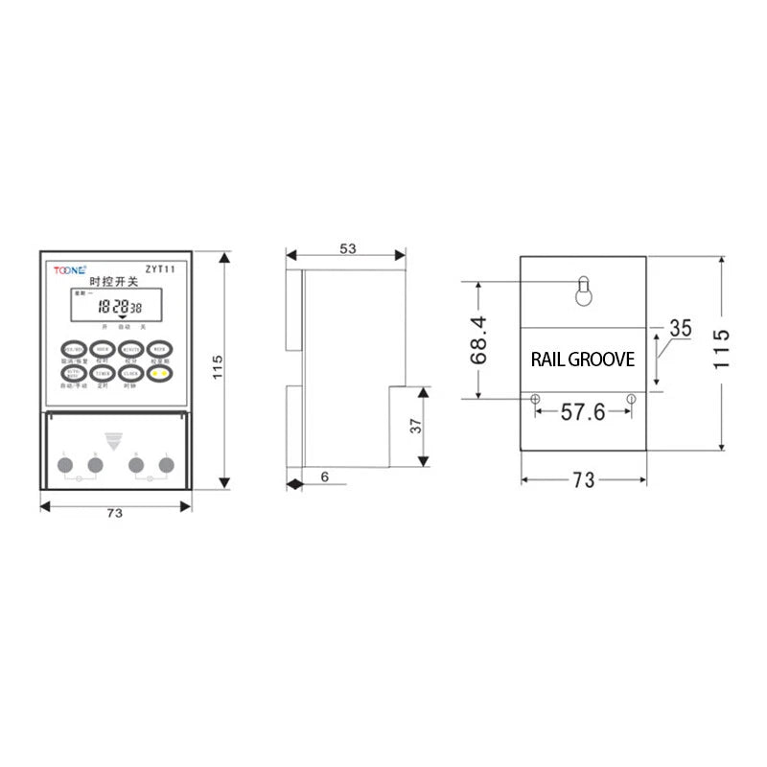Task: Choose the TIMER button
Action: point(103,373)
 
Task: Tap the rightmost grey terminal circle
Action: point(167,466)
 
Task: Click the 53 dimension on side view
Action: point(347,248)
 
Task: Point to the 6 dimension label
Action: point(325,476)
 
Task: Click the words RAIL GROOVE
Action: point(582,360)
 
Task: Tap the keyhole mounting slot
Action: point(582,291)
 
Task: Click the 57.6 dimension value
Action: point(582,413)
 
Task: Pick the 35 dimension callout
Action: point(680,328)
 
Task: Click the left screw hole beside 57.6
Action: point(534,398)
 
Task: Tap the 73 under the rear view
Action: point(583,481)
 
